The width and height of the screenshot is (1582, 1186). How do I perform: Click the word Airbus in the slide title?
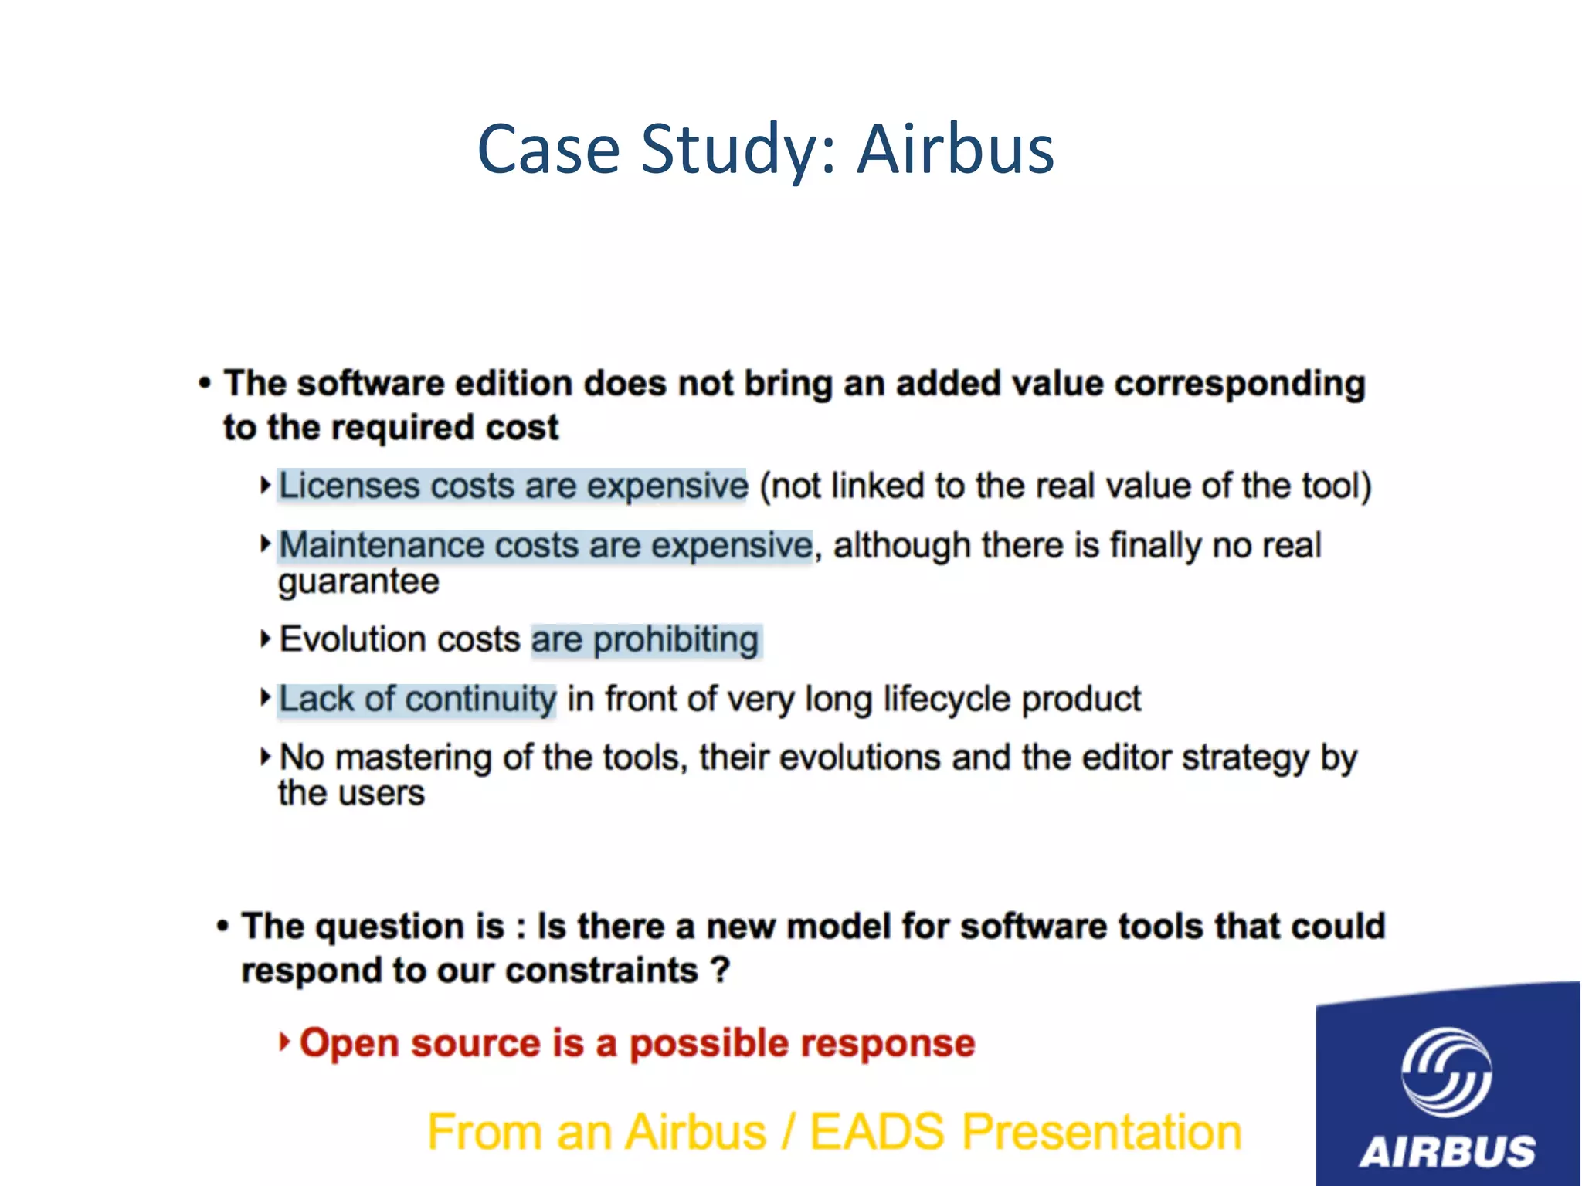956,149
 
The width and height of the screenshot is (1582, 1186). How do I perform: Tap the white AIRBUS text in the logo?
1448,1151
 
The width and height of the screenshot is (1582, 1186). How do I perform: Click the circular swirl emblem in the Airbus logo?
1447,1072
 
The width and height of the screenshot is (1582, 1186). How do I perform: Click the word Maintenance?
382,545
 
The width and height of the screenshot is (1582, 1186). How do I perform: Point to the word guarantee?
358,581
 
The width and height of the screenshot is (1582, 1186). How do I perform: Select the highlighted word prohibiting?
676,640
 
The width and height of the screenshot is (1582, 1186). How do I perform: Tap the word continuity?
480,699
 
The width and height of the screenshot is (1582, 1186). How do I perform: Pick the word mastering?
413,757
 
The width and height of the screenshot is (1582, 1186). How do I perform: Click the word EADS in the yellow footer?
877,1132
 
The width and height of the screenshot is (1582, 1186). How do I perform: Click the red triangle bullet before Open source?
284,1042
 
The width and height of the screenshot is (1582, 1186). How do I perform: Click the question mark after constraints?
720,970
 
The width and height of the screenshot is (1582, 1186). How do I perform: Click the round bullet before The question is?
222,926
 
